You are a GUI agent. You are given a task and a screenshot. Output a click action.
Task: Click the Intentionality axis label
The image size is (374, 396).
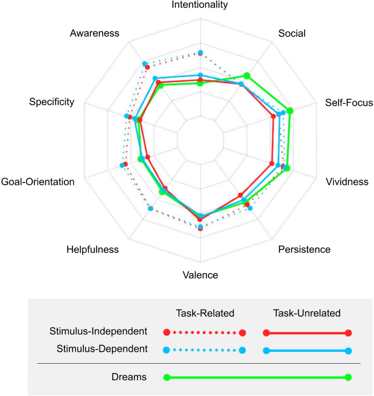pyautogui.click(x=200, y=5)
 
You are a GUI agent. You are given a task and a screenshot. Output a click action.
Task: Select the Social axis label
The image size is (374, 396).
pyautogui.click(x=292, y=33)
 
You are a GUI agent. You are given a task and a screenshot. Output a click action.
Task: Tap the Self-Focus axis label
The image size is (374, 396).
pyautogui.click(x=348, y=102)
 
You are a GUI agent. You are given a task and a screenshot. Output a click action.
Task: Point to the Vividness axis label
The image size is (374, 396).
pyautogui.click(x=347, y=182)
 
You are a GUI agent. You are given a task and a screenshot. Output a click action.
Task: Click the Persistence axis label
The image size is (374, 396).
pyautogui.click(x=304, y=250)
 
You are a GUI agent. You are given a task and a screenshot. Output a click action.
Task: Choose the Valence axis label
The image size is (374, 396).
pyautogui.click(x=200, y=275)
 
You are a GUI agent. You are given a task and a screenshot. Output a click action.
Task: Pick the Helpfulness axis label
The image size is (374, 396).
pyautogui.click(x=92, y=250)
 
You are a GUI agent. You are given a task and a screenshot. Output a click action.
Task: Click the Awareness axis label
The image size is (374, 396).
pyautogui.click(x=94, y=33)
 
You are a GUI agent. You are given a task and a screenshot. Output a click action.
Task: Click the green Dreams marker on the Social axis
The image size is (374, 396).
pyautogui.click(x=247, y=76)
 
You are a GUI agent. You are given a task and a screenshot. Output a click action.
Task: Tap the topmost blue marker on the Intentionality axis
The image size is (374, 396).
pyautogui.click(x=200, y=52)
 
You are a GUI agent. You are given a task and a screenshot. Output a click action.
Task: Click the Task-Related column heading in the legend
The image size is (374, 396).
pyautogui.click(x=205, y=313)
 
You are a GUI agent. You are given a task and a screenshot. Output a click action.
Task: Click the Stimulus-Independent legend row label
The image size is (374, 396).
pyautogui.click(x=98, y=331)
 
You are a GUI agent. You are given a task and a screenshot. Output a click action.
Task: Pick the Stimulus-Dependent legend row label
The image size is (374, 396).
pyautogui.click(x=102, y=348)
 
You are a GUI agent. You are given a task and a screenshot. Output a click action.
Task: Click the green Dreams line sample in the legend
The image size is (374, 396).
pyautogui.click(x=257, y=377)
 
